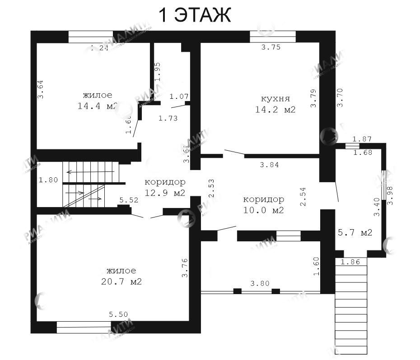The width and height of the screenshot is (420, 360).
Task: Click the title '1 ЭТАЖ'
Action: (195, 15)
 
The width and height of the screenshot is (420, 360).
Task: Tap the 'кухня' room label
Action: (275, 99)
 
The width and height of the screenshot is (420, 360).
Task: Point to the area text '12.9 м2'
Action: (165, 193)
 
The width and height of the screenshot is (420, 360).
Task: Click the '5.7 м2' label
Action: (355, 233)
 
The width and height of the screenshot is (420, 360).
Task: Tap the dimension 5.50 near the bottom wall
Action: (118, 314)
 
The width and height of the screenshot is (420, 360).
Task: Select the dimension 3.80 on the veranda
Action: (260, 284)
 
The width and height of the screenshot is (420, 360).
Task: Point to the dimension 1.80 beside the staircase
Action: (48, 180)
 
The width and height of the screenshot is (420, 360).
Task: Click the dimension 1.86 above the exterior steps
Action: (350, 262)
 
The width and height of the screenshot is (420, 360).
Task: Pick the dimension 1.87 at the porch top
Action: (362, 139)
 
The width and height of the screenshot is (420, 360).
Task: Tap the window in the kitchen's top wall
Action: (272, 36)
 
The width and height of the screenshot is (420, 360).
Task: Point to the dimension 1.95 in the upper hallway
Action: (157, 72)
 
